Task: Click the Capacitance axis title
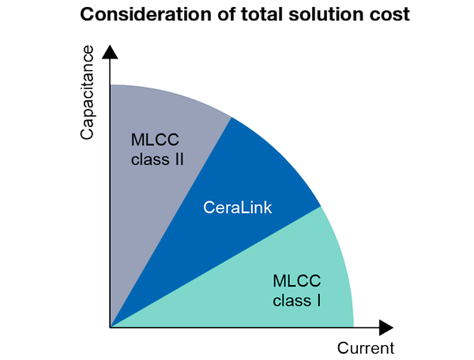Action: pos(88,93)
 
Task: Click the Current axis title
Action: pos(365,347)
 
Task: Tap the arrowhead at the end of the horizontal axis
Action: pos(386,327)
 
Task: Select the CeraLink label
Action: pos(238,208)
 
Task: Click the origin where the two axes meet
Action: pos(111,327)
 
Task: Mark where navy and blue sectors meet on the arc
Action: pos(231,117)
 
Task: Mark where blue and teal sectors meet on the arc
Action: pos(321,207)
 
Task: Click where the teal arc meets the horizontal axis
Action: pos(353,326)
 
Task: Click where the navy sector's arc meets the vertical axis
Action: pos(111,84)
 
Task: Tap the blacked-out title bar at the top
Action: pos(245,14)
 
